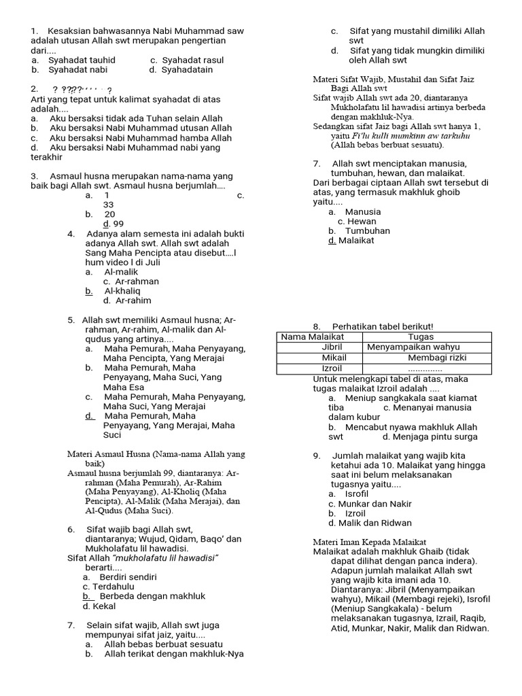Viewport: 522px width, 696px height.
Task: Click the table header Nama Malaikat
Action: coord(313,337)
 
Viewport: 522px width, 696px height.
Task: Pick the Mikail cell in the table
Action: coord(334,358)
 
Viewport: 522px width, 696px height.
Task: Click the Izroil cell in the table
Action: coord(332,368)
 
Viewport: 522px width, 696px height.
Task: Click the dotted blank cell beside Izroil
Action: coord(425,368)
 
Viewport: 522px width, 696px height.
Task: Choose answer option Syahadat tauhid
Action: coord(82,60)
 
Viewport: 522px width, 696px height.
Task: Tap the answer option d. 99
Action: coord(114,224)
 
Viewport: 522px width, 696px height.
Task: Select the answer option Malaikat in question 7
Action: coord(355,240)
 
